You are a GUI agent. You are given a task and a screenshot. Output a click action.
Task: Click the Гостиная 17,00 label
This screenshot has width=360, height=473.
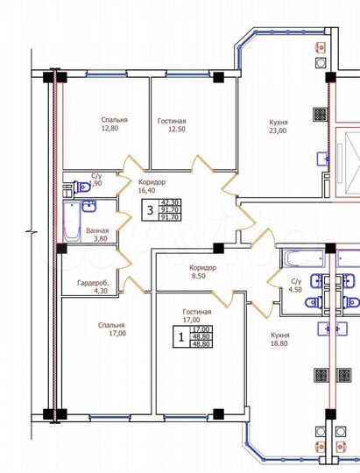coord(196,316)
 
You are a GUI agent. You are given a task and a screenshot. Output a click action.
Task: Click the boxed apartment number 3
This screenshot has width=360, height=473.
coord(150,210)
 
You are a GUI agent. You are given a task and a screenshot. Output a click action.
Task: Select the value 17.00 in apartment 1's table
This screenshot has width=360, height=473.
coord(200,328)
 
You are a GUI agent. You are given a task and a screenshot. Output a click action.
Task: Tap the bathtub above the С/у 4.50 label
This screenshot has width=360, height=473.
coord(300,258)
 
